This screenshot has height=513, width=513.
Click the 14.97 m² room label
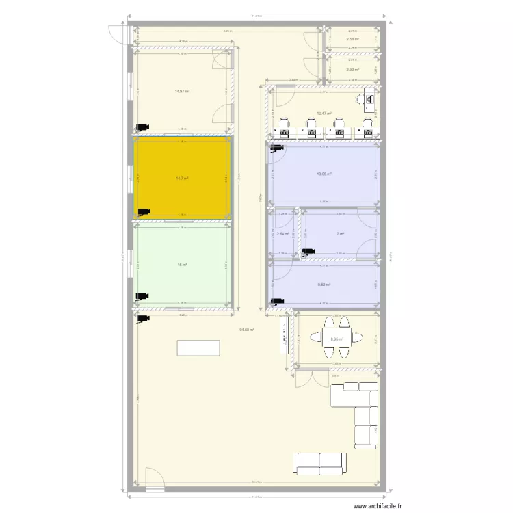[x=182, y=91]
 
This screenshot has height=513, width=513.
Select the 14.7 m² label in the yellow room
[x=182, y=179]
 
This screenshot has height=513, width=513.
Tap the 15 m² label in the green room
[x=182, y=265]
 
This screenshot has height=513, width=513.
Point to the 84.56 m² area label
[x=246, y=330]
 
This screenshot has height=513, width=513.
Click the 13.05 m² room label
[x=324, y=174]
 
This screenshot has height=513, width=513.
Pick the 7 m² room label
[x=340, y=233]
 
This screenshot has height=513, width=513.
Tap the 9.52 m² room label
[x=324, y=285]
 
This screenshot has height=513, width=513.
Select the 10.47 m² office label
[x=324, y=114]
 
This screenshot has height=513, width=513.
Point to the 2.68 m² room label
[x=352, y=39]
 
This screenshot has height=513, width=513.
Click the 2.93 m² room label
[x=352, y=69]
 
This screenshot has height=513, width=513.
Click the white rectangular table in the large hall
[x=198, y=347]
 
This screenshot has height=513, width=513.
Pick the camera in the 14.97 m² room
[x=142, y=127]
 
